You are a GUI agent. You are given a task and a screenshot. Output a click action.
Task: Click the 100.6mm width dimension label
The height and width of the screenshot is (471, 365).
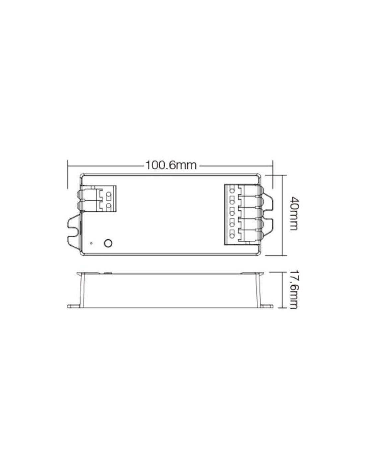point(171,166)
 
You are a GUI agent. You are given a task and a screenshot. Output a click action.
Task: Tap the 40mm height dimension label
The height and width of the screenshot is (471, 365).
point(294,213)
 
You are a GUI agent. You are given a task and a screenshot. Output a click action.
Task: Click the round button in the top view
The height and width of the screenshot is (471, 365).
point(108,243)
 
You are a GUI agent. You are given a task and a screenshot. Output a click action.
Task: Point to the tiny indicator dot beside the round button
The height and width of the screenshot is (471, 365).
point(91,243)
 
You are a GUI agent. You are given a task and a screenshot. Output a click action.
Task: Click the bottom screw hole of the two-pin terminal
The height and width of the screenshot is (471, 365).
point(109,205)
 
